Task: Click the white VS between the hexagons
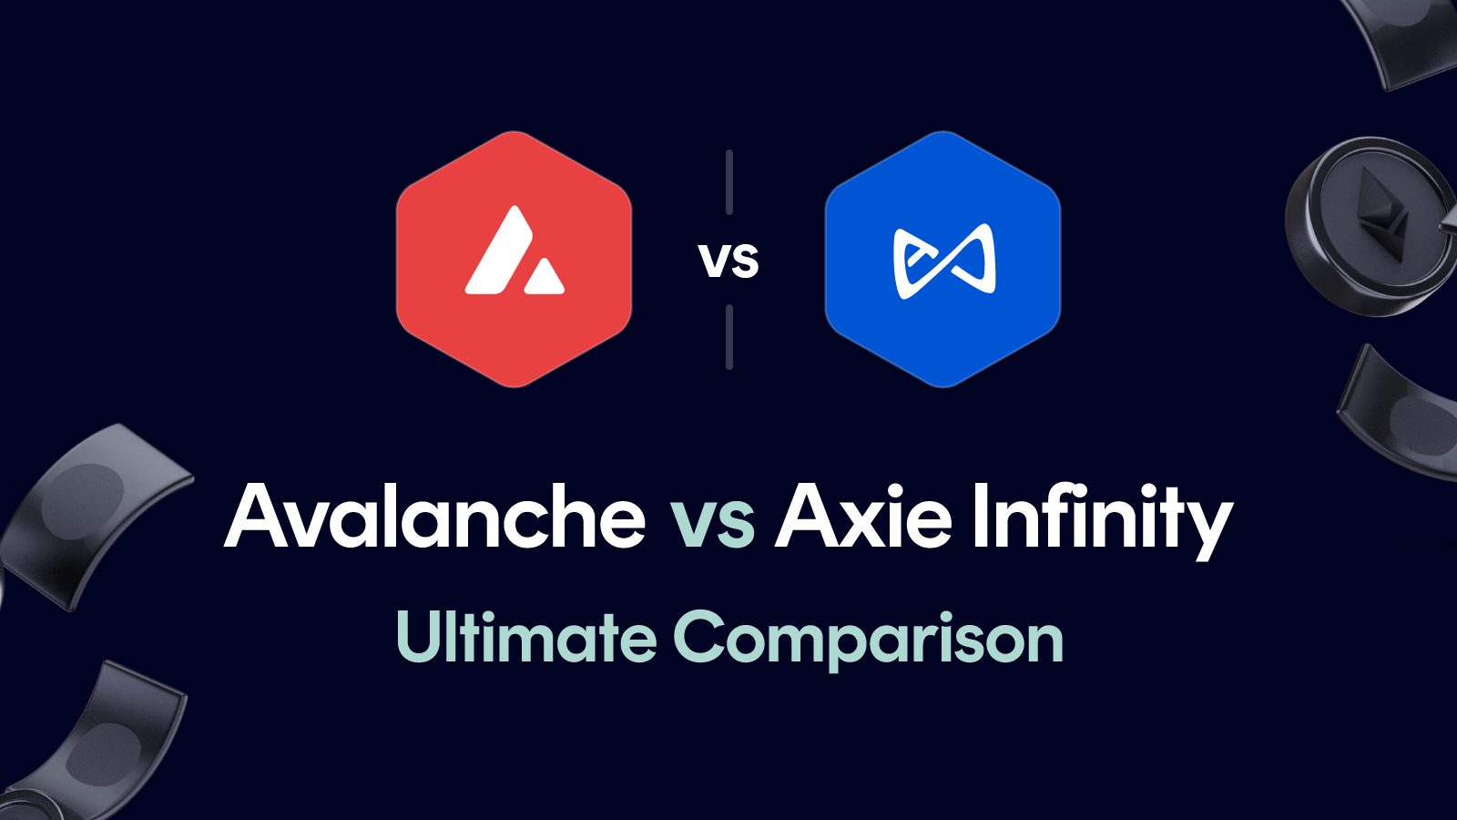point(728,261)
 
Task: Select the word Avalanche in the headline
point(435,518)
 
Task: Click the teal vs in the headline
point(712,523)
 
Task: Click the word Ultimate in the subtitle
point(526,638)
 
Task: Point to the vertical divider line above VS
point(729,182)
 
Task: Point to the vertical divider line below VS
point(729,337)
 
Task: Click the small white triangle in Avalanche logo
point(545,278)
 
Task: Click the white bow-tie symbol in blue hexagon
point(944,261)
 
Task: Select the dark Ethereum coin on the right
point(1370,228)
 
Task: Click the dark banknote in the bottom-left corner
point(100,738)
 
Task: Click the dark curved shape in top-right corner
point(1407,41)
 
